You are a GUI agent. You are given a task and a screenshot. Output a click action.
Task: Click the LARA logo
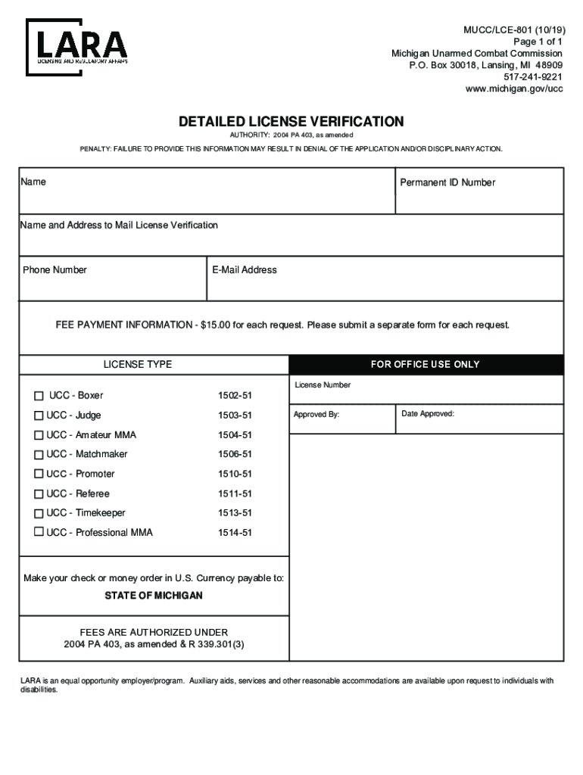pyautogui.click(x=77, y=46)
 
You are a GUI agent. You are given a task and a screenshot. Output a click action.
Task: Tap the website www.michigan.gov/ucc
pyautogui.click(x=514, y=89)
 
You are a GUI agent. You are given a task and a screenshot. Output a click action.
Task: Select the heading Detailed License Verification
pyautogui.click(x=291, y=121)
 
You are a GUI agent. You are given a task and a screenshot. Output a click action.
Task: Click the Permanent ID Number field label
pyautogui.click(x=447, y=182)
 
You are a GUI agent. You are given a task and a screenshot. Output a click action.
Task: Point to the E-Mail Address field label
pyautogui.click(x=245, y=270)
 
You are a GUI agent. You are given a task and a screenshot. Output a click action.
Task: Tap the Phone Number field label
pyautogui.click(x=55, y=270)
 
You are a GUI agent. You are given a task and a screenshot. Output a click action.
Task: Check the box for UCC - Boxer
pyautogui.click(x=39, y=396)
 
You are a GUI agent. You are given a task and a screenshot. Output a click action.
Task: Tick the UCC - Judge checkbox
pyautogui.click(x=39, y=416)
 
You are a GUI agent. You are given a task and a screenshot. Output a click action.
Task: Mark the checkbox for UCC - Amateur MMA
pyautogui.click(x=39, y=435)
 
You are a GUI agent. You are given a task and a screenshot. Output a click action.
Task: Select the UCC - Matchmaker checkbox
pyautogui.click(x=39, y=455)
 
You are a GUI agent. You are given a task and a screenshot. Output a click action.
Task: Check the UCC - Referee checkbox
pyautogui.click(x=39, y=494)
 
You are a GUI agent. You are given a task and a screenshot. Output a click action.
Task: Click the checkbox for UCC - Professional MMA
pyautogui.click(x=39, y=533)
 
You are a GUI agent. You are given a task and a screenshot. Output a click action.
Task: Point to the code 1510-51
pyautogui.click(x=235, y=475)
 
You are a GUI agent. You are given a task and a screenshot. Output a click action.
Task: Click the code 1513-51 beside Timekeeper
pyautogui.click(x=235, y=513)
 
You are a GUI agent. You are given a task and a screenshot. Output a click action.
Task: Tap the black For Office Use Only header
pyautogui.click(x=426, y=365)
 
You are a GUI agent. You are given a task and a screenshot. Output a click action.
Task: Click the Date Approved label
pyautogui.click(x=428, y=414)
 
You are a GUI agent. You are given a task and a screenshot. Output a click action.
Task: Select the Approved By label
pyautogui.click(x=316, y=415)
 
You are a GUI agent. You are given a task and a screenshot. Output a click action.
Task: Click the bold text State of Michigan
pyautogui.click(x=154, y=596)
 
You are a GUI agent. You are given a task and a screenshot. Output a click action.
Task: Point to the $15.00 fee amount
pyautogui.click(x=216, y=325)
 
